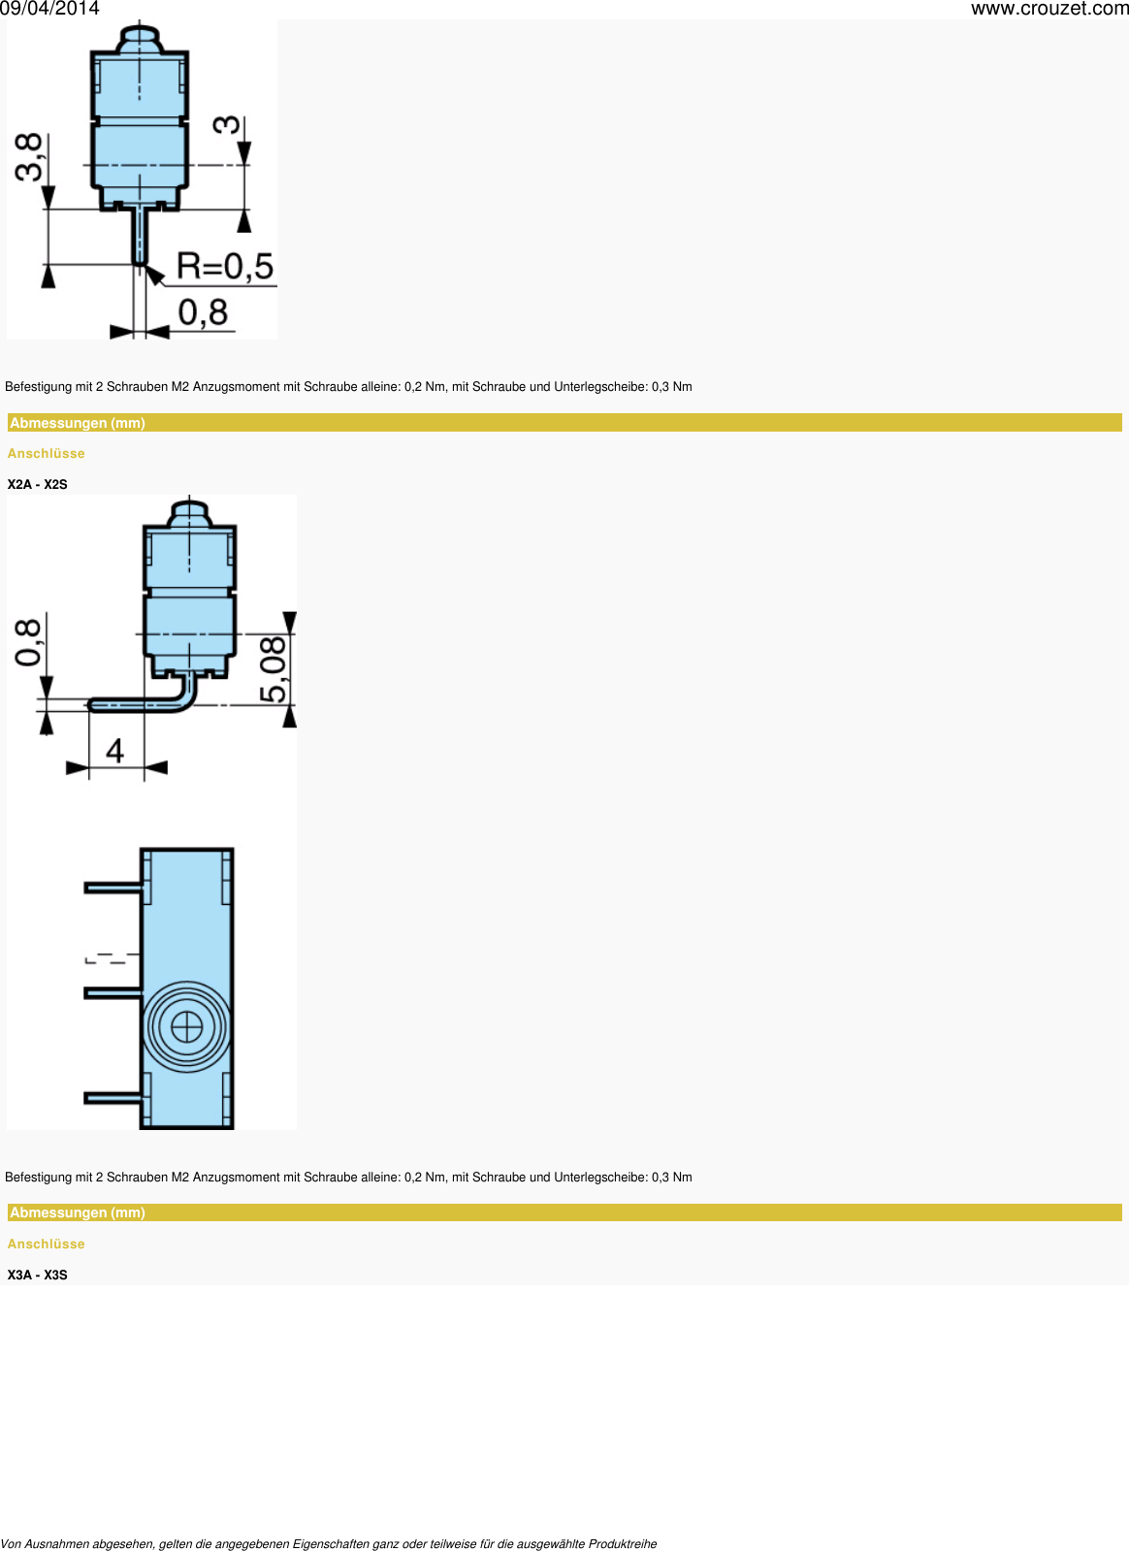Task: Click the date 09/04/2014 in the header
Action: click(49, 9)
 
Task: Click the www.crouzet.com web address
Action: click(1049, 9)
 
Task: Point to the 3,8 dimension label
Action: click(29, 157)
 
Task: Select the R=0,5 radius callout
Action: click(225, 267)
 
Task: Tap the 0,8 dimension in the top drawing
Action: click(203, 313)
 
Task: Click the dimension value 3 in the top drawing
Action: click(226, 125)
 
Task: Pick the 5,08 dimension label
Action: click(274, 669)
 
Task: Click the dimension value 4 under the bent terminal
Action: click(114, 751)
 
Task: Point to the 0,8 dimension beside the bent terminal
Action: click(29, 642)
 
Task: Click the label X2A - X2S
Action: click(38, 484)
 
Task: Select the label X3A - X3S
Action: click(38, 1275)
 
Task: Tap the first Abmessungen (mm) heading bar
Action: click(564, 423)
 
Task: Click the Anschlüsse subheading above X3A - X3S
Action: click(47, 1244)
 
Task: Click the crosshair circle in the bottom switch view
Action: click(186, 1027)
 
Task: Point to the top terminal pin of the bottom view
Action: click(113, 887)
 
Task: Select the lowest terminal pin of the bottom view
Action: click(113, 1097)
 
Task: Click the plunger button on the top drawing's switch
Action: click(140, 40)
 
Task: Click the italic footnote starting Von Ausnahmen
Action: click(329, 1543)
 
